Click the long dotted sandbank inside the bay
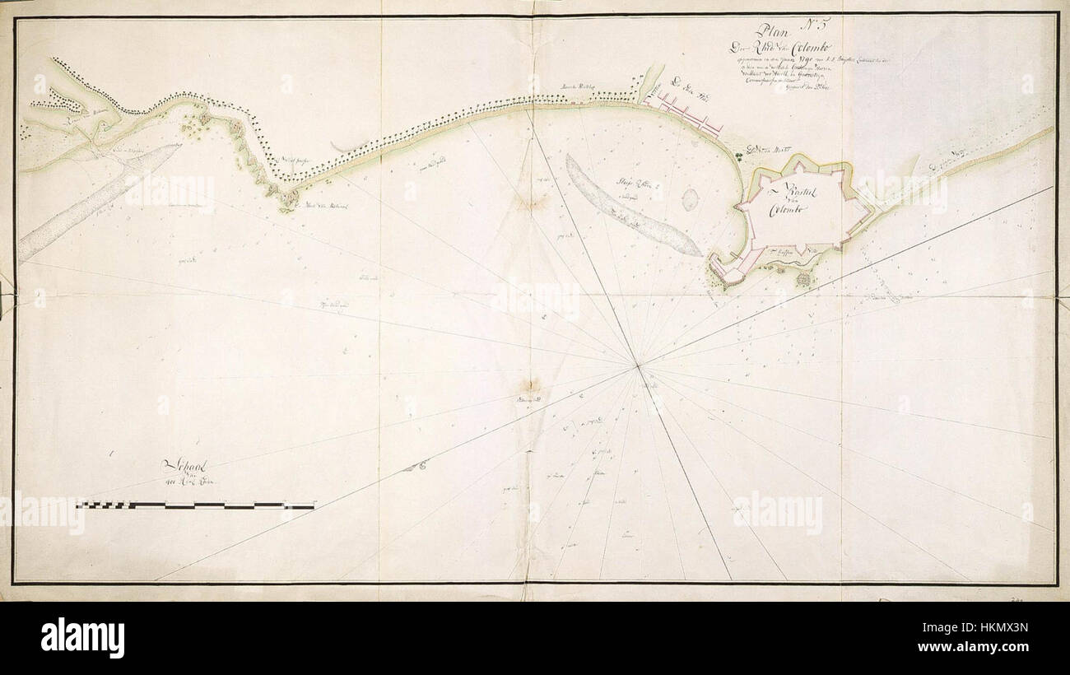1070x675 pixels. click(x=630, y=206)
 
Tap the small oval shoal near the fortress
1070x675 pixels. click(x=690, y=198)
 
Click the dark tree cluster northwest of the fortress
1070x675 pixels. click(x=751, y=151)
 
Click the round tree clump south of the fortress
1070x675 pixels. click(x=803, y=280)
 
